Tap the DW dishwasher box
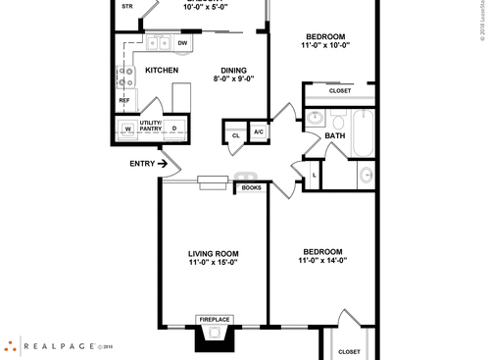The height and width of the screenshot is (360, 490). pos(183,44)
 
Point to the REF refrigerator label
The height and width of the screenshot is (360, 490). pos(124,100)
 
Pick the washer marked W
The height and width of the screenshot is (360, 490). pos(127,129)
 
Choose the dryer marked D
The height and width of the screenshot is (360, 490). pos(174,129)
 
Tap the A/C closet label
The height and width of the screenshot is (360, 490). pos(259,132)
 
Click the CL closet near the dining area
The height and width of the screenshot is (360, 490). pos(236,134)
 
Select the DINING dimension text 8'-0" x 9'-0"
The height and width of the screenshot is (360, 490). pos(233,80)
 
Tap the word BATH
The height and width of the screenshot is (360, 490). pos(335,136)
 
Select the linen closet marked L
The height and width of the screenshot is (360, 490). pos(313,175)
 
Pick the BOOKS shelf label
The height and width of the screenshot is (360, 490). pos(251,187)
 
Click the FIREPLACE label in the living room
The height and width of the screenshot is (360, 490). pos(213,319)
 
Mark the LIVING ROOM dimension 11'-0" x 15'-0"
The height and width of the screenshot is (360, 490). pos(214,262)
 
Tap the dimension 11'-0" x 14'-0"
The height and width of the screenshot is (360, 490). pos(322,260)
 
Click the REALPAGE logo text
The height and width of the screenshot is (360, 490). pos(59,345)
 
